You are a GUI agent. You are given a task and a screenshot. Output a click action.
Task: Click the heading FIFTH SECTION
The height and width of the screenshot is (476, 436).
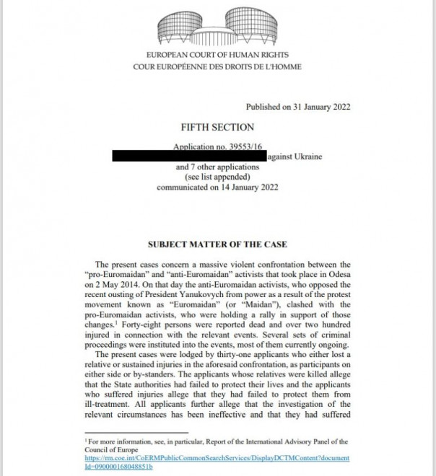(x=217, y=128)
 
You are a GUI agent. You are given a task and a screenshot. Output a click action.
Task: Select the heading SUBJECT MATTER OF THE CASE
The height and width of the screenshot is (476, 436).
(x=217, y=244)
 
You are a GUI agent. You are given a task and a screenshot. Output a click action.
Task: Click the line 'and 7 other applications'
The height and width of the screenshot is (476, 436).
(x=217, y=167)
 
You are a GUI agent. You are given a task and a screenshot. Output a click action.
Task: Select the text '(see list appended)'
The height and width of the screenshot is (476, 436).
(x=217, y=177)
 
